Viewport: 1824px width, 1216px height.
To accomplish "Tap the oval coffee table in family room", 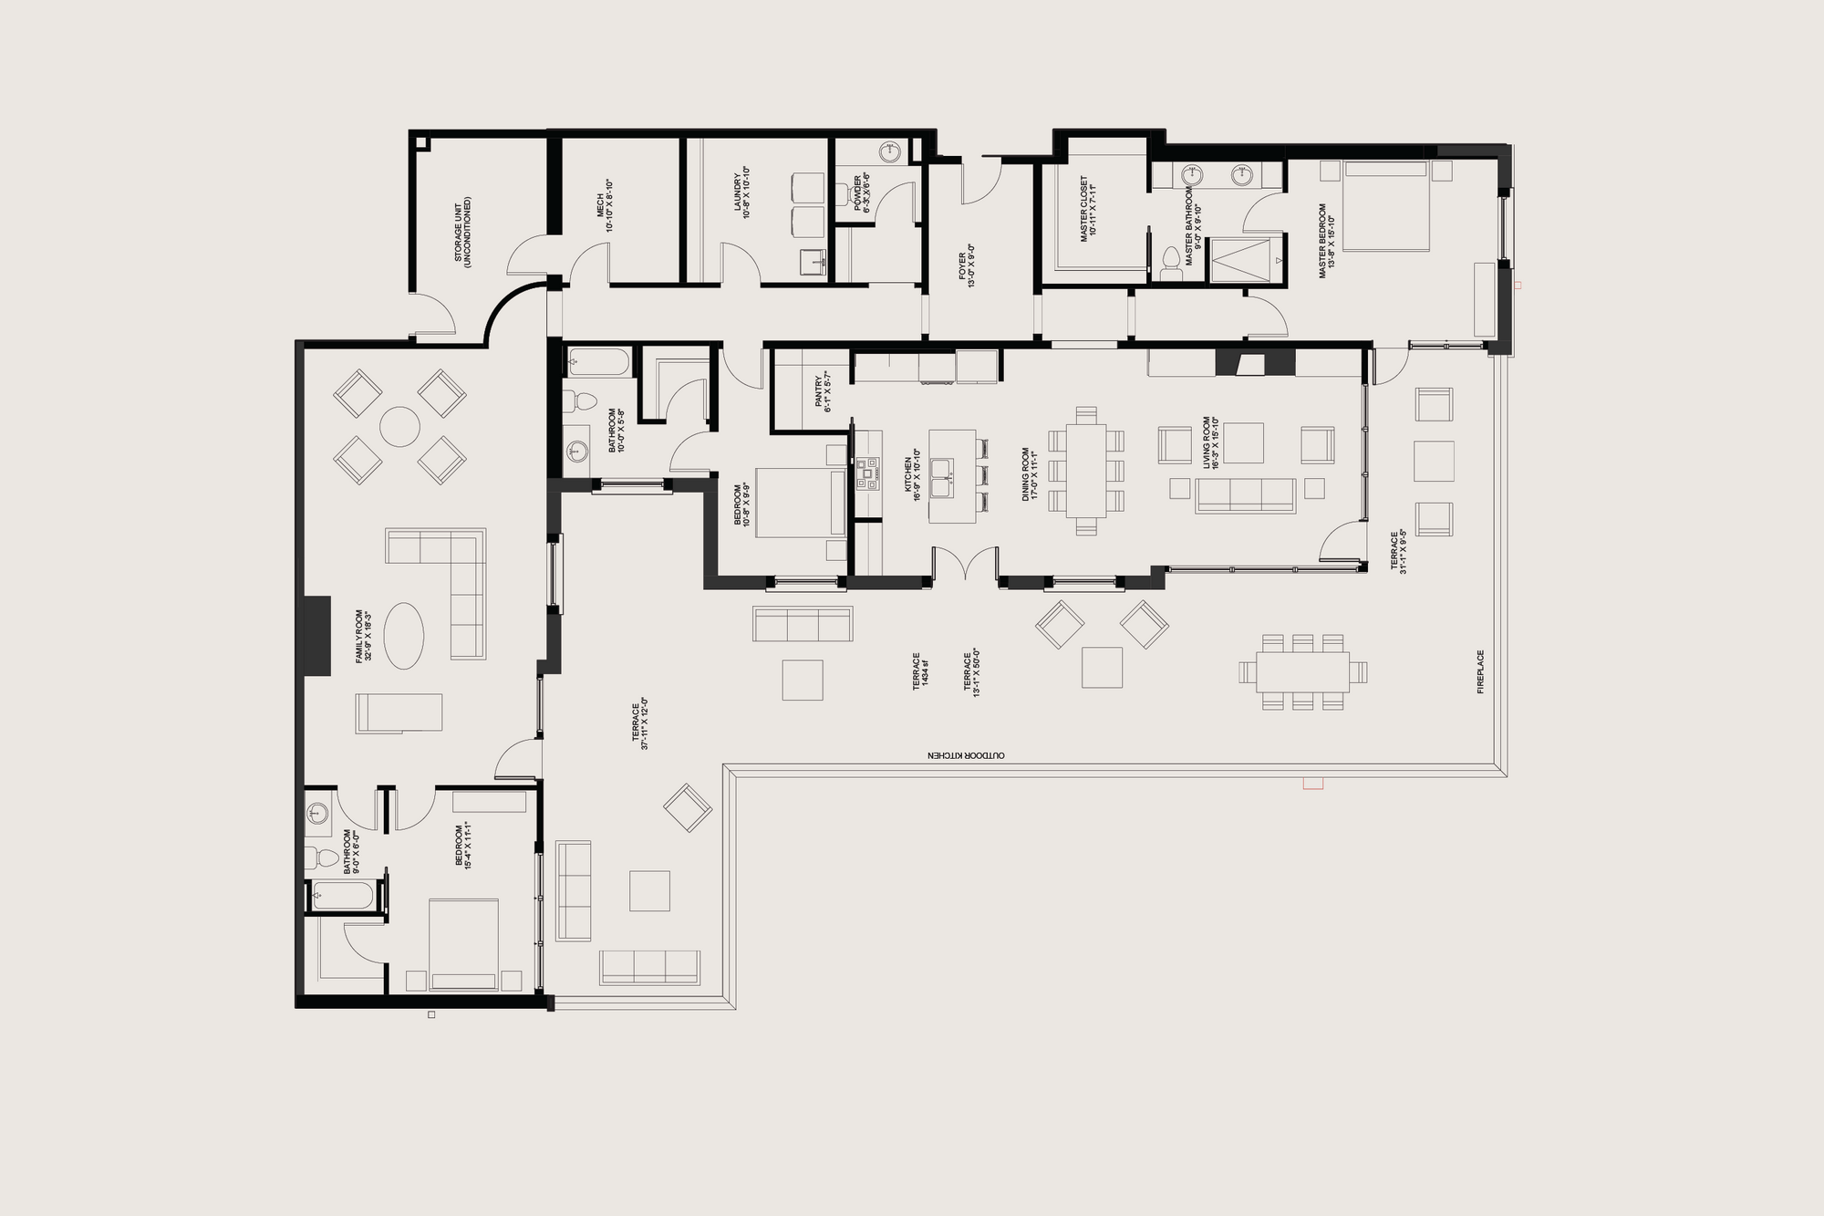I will [403, 636].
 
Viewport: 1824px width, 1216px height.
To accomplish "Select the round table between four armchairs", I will [399, 427].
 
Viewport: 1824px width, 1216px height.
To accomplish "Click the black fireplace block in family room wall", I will [316, 636].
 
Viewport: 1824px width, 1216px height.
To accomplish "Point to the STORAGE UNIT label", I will [462, 230].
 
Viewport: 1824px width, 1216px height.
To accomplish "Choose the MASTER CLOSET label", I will [1088, 208].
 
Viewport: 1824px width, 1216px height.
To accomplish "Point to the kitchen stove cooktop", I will [867, 471].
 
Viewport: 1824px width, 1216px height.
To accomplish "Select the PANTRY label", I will [824, 390].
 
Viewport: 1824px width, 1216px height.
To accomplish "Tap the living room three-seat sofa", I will [1245, 494].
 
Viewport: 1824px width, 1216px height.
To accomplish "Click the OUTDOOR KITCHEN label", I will [966, 755].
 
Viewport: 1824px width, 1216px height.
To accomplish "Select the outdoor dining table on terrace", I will [1302, 672].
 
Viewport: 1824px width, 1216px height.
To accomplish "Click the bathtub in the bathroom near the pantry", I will [598, 362].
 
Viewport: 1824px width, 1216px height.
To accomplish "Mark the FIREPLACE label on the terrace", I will [1480, 671].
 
